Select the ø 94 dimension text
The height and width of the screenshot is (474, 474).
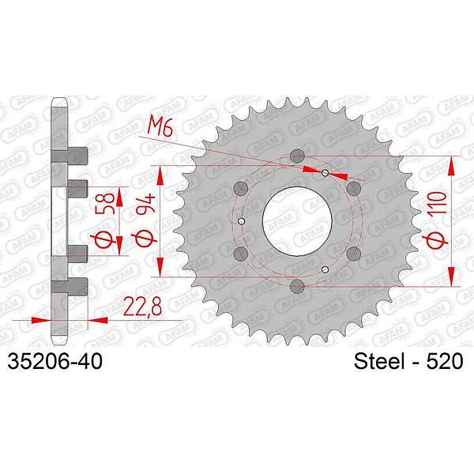[x=145, y=220]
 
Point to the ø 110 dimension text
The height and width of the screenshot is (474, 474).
[x=437, y=220]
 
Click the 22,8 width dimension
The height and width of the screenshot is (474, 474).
[x=143, y=307]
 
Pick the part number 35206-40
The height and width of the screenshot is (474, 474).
[x=55, y=361]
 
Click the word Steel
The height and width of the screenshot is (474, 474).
[x=379, y=361]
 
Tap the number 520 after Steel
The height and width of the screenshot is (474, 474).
[x=444, y=361]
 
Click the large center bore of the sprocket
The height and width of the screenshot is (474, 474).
[x=297, y=221]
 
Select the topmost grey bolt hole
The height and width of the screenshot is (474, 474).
[x=297, y=156]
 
